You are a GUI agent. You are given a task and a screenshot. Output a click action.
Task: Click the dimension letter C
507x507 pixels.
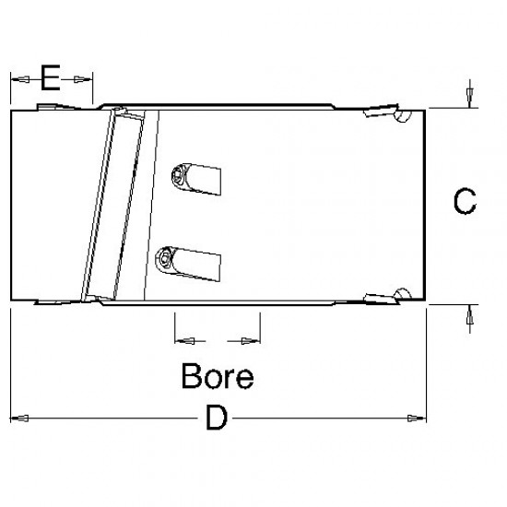[466, 201]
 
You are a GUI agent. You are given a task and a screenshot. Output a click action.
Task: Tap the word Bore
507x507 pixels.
[217, 376]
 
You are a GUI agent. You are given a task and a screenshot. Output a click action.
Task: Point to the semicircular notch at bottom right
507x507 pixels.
[402, 293]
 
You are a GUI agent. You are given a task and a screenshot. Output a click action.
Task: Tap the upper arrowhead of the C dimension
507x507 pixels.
[470, 98]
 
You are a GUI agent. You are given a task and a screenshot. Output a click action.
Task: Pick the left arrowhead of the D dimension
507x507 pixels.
[19, 419]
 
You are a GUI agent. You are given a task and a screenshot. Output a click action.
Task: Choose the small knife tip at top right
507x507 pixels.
[375, 112]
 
